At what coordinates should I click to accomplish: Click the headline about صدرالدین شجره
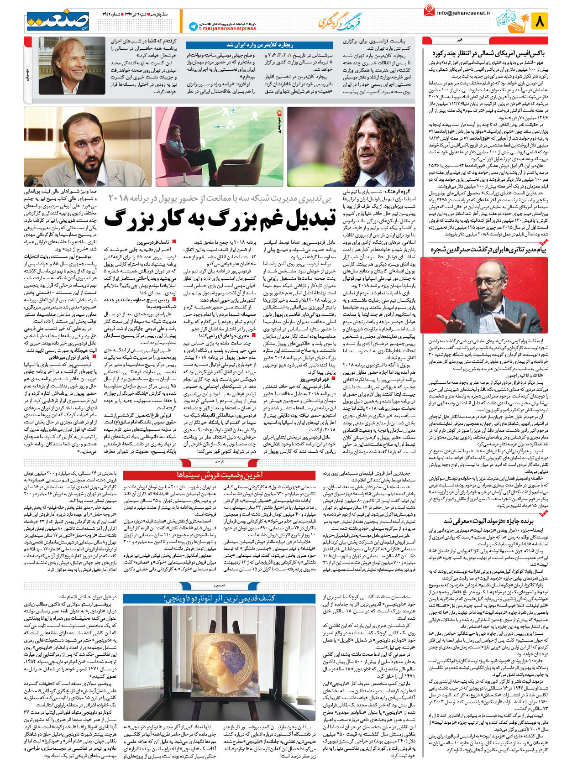click(x=491, y=250)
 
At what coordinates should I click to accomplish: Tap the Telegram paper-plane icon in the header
click(x=193, y=26)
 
